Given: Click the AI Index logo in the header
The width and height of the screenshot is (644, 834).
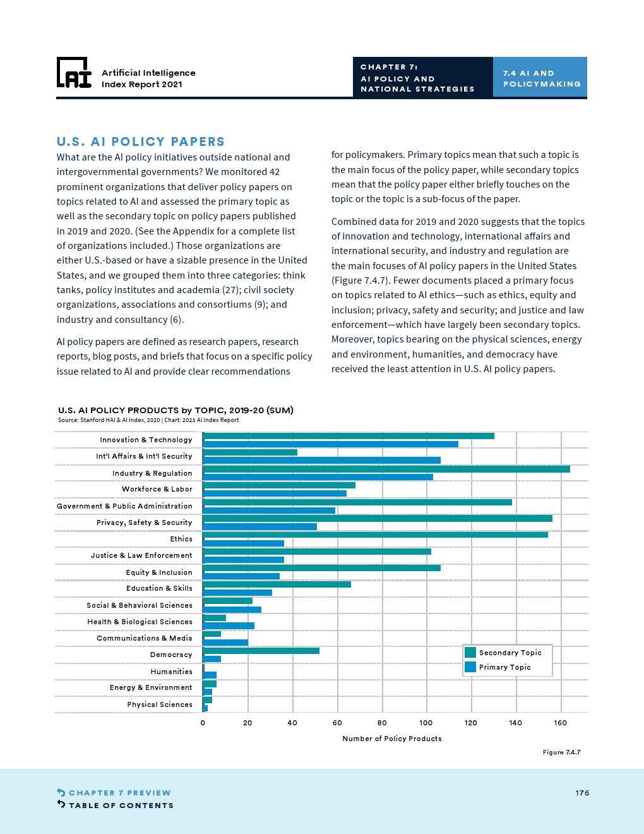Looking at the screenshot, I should (74, 73).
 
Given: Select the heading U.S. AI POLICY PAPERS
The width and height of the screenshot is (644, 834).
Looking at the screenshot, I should (140, 142).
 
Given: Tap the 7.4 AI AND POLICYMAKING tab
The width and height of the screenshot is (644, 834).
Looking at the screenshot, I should (540, 78).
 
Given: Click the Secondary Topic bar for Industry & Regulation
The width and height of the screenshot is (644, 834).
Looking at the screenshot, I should (386, 469).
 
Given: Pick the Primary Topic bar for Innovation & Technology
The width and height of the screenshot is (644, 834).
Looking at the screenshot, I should (330, 444).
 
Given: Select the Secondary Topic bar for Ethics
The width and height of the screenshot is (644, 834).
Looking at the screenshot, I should (375, 535).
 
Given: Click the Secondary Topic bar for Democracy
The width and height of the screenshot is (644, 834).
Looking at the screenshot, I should (261, 651).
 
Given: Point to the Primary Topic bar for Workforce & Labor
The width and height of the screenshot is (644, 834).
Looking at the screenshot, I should (275, 493).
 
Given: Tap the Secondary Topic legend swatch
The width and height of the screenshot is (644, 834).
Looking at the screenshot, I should (470, 653).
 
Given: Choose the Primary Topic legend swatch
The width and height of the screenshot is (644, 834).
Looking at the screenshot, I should (470, 667).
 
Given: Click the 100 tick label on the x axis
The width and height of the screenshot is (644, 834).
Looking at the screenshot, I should (426, 723).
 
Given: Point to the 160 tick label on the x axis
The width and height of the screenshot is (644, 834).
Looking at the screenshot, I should (561, 723).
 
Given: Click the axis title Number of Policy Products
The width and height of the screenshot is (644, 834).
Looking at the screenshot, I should (392, 739).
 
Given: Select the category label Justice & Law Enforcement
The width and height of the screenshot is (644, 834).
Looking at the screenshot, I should (141, 555).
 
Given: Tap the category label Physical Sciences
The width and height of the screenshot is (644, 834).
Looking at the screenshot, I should (160, 704).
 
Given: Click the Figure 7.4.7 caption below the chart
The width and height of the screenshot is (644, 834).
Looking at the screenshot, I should (561, 752).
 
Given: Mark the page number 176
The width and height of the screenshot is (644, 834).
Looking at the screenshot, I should (582, 793).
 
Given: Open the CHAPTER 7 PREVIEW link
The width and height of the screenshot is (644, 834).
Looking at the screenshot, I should (119, 793).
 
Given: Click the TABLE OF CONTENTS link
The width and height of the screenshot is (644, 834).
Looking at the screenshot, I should (121, 806).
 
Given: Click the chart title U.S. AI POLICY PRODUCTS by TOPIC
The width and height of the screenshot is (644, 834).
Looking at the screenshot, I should (176, 410).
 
